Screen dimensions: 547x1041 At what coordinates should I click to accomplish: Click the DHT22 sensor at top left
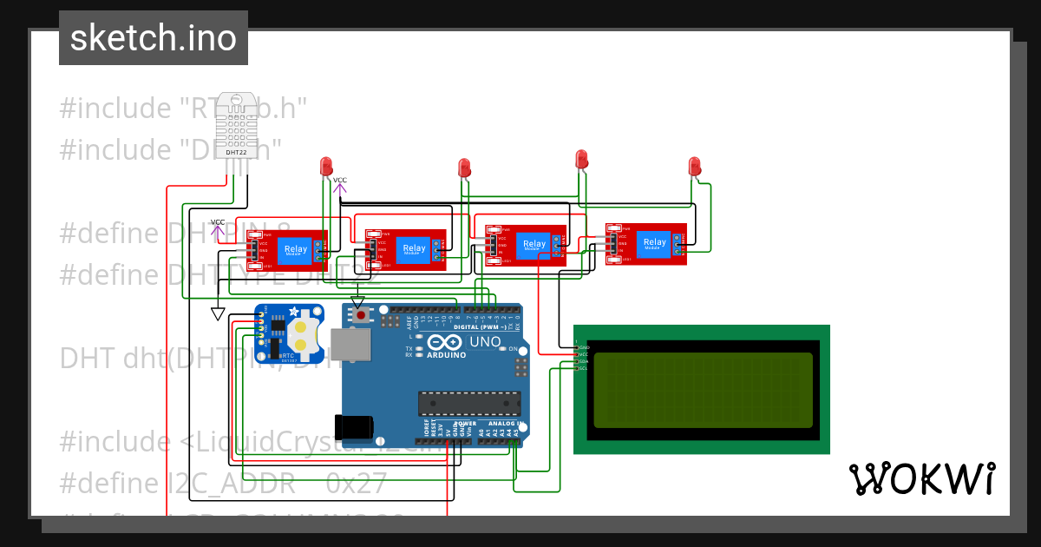(236, 126)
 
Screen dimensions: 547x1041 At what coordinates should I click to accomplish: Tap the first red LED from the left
(326, 165)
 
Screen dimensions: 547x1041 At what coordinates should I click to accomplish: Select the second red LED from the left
(464, 167)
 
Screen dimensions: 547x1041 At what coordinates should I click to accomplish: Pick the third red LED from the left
(582, 159)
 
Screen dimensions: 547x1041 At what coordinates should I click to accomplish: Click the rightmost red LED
(694, 165)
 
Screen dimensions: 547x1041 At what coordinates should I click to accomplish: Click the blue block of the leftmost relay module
(296, 250)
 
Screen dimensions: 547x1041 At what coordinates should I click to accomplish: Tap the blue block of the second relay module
(415, 248)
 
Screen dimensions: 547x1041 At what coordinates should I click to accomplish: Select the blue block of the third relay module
(534, 244)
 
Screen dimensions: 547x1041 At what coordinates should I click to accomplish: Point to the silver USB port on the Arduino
(350, 345)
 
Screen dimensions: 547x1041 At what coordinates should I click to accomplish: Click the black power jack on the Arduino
(357, 426)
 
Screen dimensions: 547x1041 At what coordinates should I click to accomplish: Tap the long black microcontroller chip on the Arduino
(469, 404)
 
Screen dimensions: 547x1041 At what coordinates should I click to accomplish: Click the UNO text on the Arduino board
(486, 342)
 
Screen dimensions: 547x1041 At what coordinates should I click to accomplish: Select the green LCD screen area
(703, 390)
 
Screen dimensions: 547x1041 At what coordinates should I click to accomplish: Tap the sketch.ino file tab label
(154, 38)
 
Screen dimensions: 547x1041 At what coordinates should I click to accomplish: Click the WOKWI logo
(921, 478)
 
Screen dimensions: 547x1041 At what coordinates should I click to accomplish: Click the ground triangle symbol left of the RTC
(218, 313)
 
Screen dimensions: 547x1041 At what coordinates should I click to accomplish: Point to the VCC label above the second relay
(339, 181)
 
